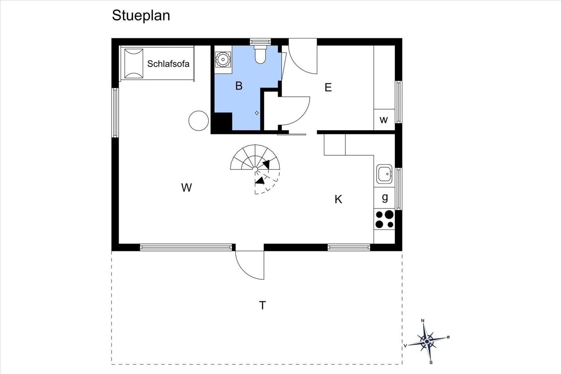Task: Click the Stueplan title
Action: pyautogui.click(x=141, y=16)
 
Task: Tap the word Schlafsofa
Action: pyautogui.click(x=168, y=64)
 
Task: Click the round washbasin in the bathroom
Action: pyautogui.click(x=223, y=59)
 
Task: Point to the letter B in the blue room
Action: pyautogui.click(x=239, y=86)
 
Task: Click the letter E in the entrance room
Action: pyautogui.click(x=328, y=87)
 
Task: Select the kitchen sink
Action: pyautogui.click(x=384, y=174)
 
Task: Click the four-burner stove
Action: pyautogui.click(x=384, y=219)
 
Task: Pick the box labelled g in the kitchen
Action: pyautogui.click(x=384, y=198)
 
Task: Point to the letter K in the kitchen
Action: pyautogui.click(x=338, y=199)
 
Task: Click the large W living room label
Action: pyautogui.click(x=187, y=188)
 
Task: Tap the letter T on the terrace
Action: pyautogui.click(x=263, y=305)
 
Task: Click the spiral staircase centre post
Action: pyautogui.click(x=255, y=170)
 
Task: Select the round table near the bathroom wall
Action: pyautogui.click(x=198, y=121)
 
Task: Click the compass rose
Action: pyautogui.click(x=427, y=341)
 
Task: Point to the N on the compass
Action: pyautogui.click(x=423, y=321)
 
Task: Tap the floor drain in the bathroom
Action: pyautogui.click(x=257, y=113)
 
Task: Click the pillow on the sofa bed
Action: pyautogui.click(x=134, y=63)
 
